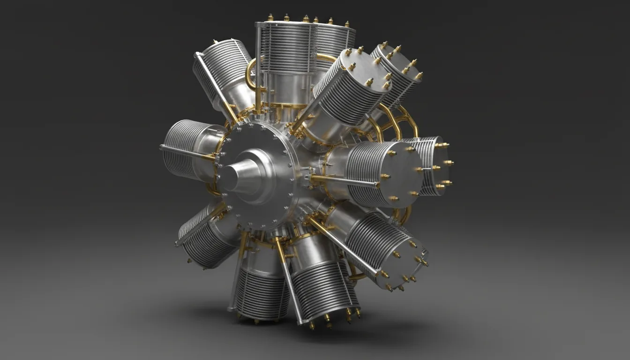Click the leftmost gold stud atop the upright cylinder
click(x=270, y=18)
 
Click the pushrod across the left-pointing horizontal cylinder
click(x=187, y=153)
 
